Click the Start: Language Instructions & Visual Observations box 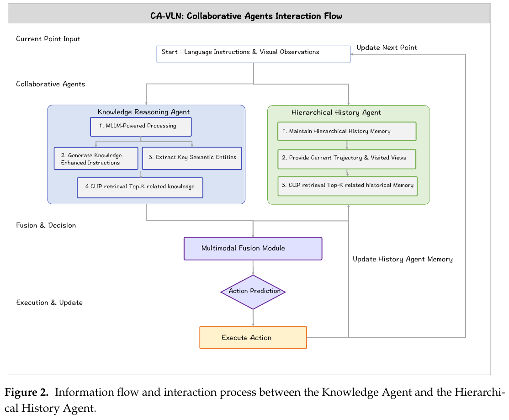click(x=253, y=54)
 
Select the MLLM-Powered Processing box click(x=141, y=127)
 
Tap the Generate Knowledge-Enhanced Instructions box click(x=96, y=159)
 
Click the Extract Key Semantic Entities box click(x=192, y=159)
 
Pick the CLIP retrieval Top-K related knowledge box click(x=140, y=187)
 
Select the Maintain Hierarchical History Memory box click(x=347, y=132)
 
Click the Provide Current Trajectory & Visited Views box click(x=347, y=159)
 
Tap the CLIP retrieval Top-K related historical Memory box click(x=347, y=186)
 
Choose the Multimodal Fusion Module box click(x=253, y=249)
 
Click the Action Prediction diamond click(x=253, y=292)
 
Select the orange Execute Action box click(x=253, y=338)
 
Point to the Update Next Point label click(x=387, y=48)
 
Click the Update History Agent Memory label click(x=403, y=259)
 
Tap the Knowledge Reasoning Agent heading click(x=143, y=112)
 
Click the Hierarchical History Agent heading click(x=336, y=112)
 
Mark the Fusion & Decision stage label click(x=46, y=225)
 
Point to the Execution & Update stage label click(x=49, y=303)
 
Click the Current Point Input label click(x=48, y=39)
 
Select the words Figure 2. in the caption click(x=27, y=392)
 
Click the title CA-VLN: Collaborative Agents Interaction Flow click(x=246, y=16)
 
